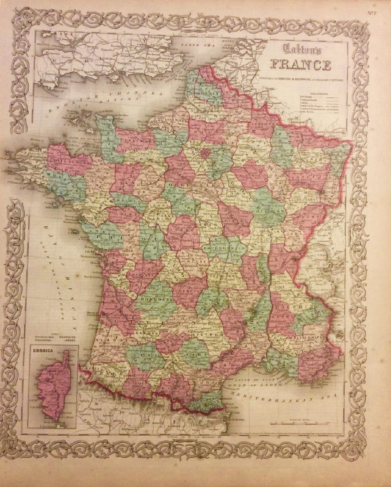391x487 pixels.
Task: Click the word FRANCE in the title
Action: pyautogui.click(x=301, y=65)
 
